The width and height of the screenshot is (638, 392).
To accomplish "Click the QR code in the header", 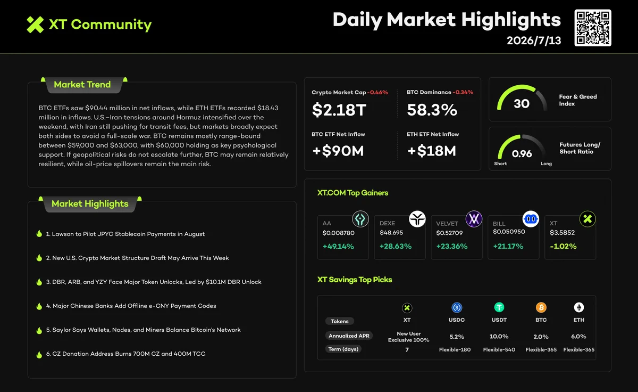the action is (x=593, y=28).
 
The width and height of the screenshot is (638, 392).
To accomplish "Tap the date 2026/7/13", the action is (x=534, y=40).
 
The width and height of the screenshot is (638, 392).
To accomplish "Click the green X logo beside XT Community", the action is (x=35, y=24).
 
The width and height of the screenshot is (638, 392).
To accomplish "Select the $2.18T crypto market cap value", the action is (x=339, y=110).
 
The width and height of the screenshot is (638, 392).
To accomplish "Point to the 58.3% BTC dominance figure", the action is (x=432, y=110).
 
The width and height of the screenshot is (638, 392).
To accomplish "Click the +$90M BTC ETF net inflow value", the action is (x=338, y=151).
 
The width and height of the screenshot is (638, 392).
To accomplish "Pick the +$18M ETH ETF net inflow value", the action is (x=432, y=151).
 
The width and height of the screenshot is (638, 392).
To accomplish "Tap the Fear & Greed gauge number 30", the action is (x=522, y=103).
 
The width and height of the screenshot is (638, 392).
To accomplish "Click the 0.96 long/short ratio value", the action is (x=522, y=154).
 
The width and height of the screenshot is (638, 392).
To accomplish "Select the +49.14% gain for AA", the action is (x=338, y=246).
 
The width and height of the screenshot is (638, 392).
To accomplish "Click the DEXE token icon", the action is (x=417, y=219).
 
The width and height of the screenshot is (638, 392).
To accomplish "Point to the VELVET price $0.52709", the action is (x=449, y=233).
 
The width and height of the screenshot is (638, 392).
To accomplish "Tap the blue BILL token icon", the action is (x=531, y=219).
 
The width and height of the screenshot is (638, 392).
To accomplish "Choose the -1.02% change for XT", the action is (x=563, y=246).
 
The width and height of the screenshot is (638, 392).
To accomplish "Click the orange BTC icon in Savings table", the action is (x=541, y=307).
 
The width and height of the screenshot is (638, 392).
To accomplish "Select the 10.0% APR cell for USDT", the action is (x=499, y=337).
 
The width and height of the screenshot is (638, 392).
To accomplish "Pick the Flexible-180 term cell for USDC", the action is (x=455, y=350).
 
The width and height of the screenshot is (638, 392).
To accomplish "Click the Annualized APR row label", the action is (x=349, y=336).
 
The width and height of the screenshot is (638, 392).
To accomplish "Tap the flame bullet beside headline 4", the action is (x=39, y=306).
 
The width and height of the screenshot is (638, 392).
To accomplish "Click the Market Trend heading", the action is (x=82, y=85).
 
